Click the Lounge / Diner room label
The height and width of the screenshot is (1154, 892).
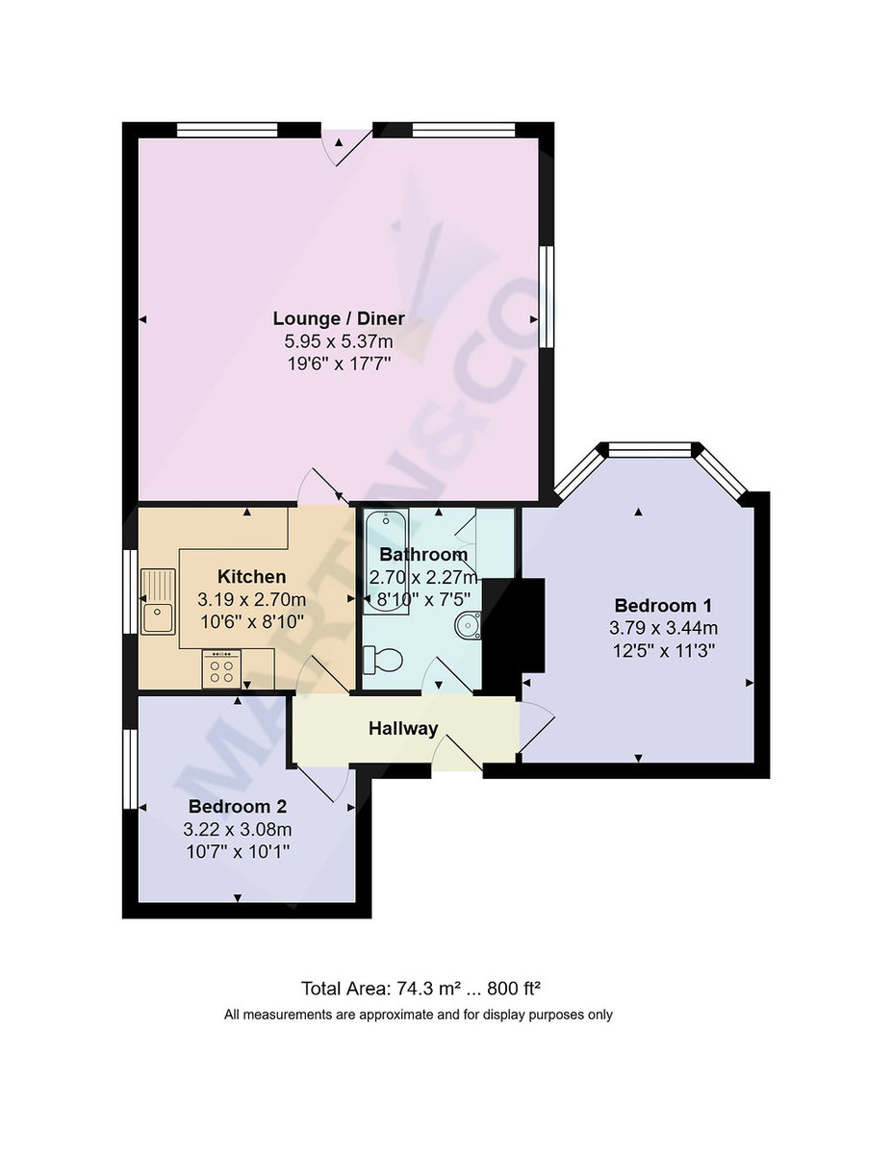(x=339, y=318)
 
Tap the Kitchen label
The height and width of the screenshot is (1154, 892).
(x=251, y=577)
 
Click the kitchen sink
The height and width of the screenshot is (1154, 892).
(x=158, y=601)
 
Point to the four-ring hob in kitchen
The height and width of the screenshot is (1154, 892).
(x=221, y=668)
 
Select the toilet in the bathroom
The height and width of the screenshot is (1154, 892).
(x=383, y=660)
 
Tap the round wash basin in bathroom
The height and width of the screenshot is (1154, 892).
(x=469, y=625)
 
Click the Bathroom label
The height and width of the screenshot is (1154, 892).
(x=423, y=555)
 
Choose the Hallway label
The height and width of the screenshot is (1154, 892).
(x=403, y=729)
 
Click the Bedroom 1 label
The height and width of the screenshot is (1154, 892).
(x=663, y=606)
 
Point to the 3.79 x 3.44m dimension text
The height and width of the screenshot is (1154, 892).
(x=663, y=628)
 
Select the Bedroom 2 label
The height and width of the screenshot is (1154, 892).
(x=237, y=807)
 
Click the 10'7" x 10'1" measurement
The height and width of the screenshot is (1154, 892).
(x=237, y=851)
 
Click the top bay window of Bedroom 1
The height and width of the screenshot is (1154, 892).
(x=650, y=448)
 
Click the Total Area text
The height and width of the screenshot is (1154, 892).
(x=424, y=988)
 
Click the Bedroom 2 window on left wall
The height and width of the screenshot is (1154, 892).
(x=129, y=769)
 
